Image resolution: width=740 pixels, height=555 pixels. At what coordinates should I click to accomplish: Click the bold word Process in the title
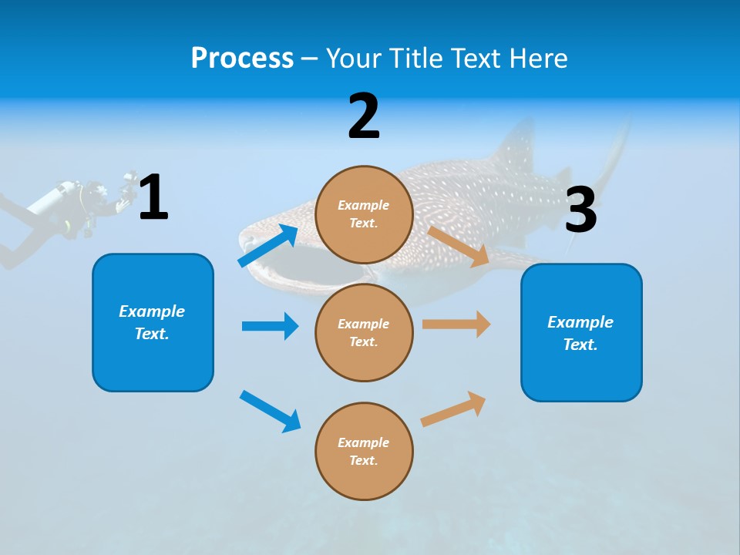click(242, 58)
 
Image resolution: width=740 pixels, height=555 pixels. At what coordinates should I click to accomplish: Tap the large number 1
click(153, 197)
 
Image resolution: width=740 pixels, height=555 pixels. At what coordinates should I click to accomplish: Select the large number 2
click(364, 116)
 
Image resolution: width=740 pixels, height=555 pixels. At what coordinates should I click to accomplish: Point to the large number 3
click(580, 210)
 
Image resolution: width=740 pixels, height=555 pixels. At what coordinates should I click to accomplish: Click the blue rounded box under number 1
click(153, 322)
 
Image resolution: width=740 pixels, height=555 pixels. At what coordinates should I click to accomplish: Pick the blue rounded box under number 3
click(581, 333)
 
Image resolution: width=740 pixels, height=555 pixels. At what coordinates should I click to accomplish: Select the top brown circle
click(364, 214)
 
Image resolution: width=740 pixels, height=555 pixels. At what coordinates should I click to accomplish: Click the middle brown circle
click(364, 332)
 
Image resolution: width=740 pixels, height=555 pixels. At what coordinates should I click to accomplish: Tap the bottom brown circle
click(364, 451)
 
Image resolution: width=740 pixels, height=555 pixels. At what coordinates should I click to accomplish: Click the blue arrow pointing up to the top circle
click(268, 245)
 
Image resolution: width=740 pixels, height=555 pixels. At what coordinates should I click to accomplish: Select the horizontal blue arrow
click(270, 326)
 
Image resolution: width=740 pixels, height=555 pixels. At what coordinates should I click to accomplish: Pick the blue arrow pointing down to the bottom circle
click(270, 410)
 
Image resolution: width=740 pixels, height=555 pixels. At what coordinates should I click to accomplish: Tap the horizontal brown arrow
click(456, 325)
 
